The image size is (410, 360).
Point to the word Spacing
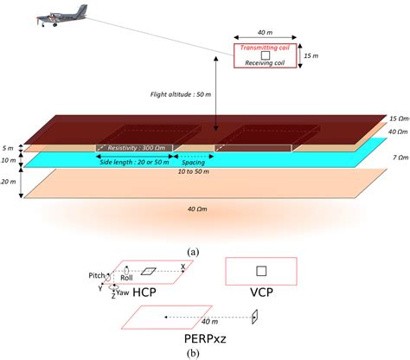click(x=191, y=161)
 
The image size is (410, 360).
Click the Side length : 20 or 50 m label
click(x=135, y=162)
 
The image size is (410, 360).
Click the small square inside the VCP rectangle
click(x=261, y=269)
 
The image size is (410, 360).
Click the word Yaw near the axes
click(x=125, y=292)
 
